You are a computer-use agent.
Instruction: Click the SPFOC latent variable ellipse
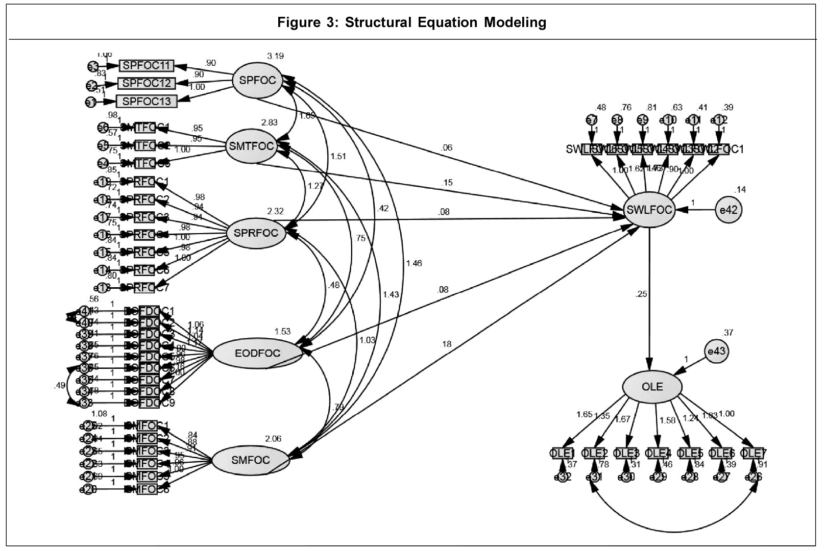pos(257,80)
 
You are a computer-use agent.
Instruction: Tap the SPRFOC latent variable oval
pos(256,233)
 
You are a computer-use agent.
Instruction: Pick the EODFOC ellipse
pos(257,354)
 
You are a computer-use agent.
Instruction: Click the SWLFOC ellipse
pos(649,209)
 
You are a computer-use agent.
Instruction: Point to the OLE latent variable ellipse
pos(652,387)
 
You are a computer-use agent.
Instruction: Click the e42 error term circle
pos(728,210)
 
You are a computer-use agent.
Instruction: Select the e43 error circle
pos(717,352)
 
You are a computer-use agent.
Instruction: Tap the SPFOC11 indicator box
pos(147,66)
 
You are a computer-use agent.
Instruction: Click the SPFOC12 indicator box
pos(147,83)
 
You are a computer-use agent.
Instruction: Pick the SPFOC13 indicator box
pos(147,101)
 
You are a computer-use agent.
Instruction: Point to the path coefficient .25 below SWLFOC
pos(641,294)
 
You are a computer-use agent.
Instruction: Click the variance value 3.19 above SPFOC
pos(275,56)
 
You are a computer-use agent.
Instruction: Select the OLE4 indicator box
pos(658,453)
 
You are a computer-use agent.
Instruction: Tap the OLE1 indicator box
pos(563,453)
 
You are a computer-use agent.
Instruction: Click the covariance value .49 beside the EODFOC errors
pos(59,386)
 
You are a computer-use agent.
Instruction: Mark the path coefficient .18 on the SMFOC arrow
pos(445,344)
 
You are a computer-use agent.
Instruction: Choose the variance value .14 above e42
pos(740,190)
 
